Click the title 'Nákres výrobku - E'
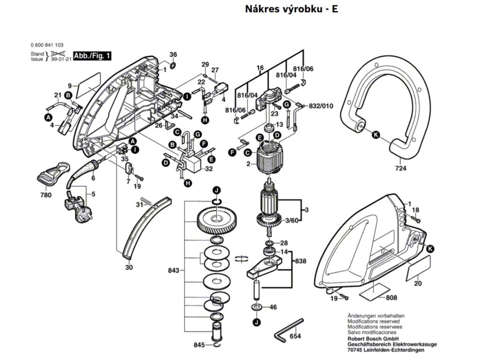point(291,9)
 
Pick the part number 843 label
point(173,270)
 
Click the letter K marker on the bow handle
point(375,135)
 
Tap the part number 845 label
point(199,345)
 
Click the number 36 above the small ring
point(173,54)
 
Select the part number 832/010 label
point(321,106)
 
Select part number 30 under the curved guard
point(129,268)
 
